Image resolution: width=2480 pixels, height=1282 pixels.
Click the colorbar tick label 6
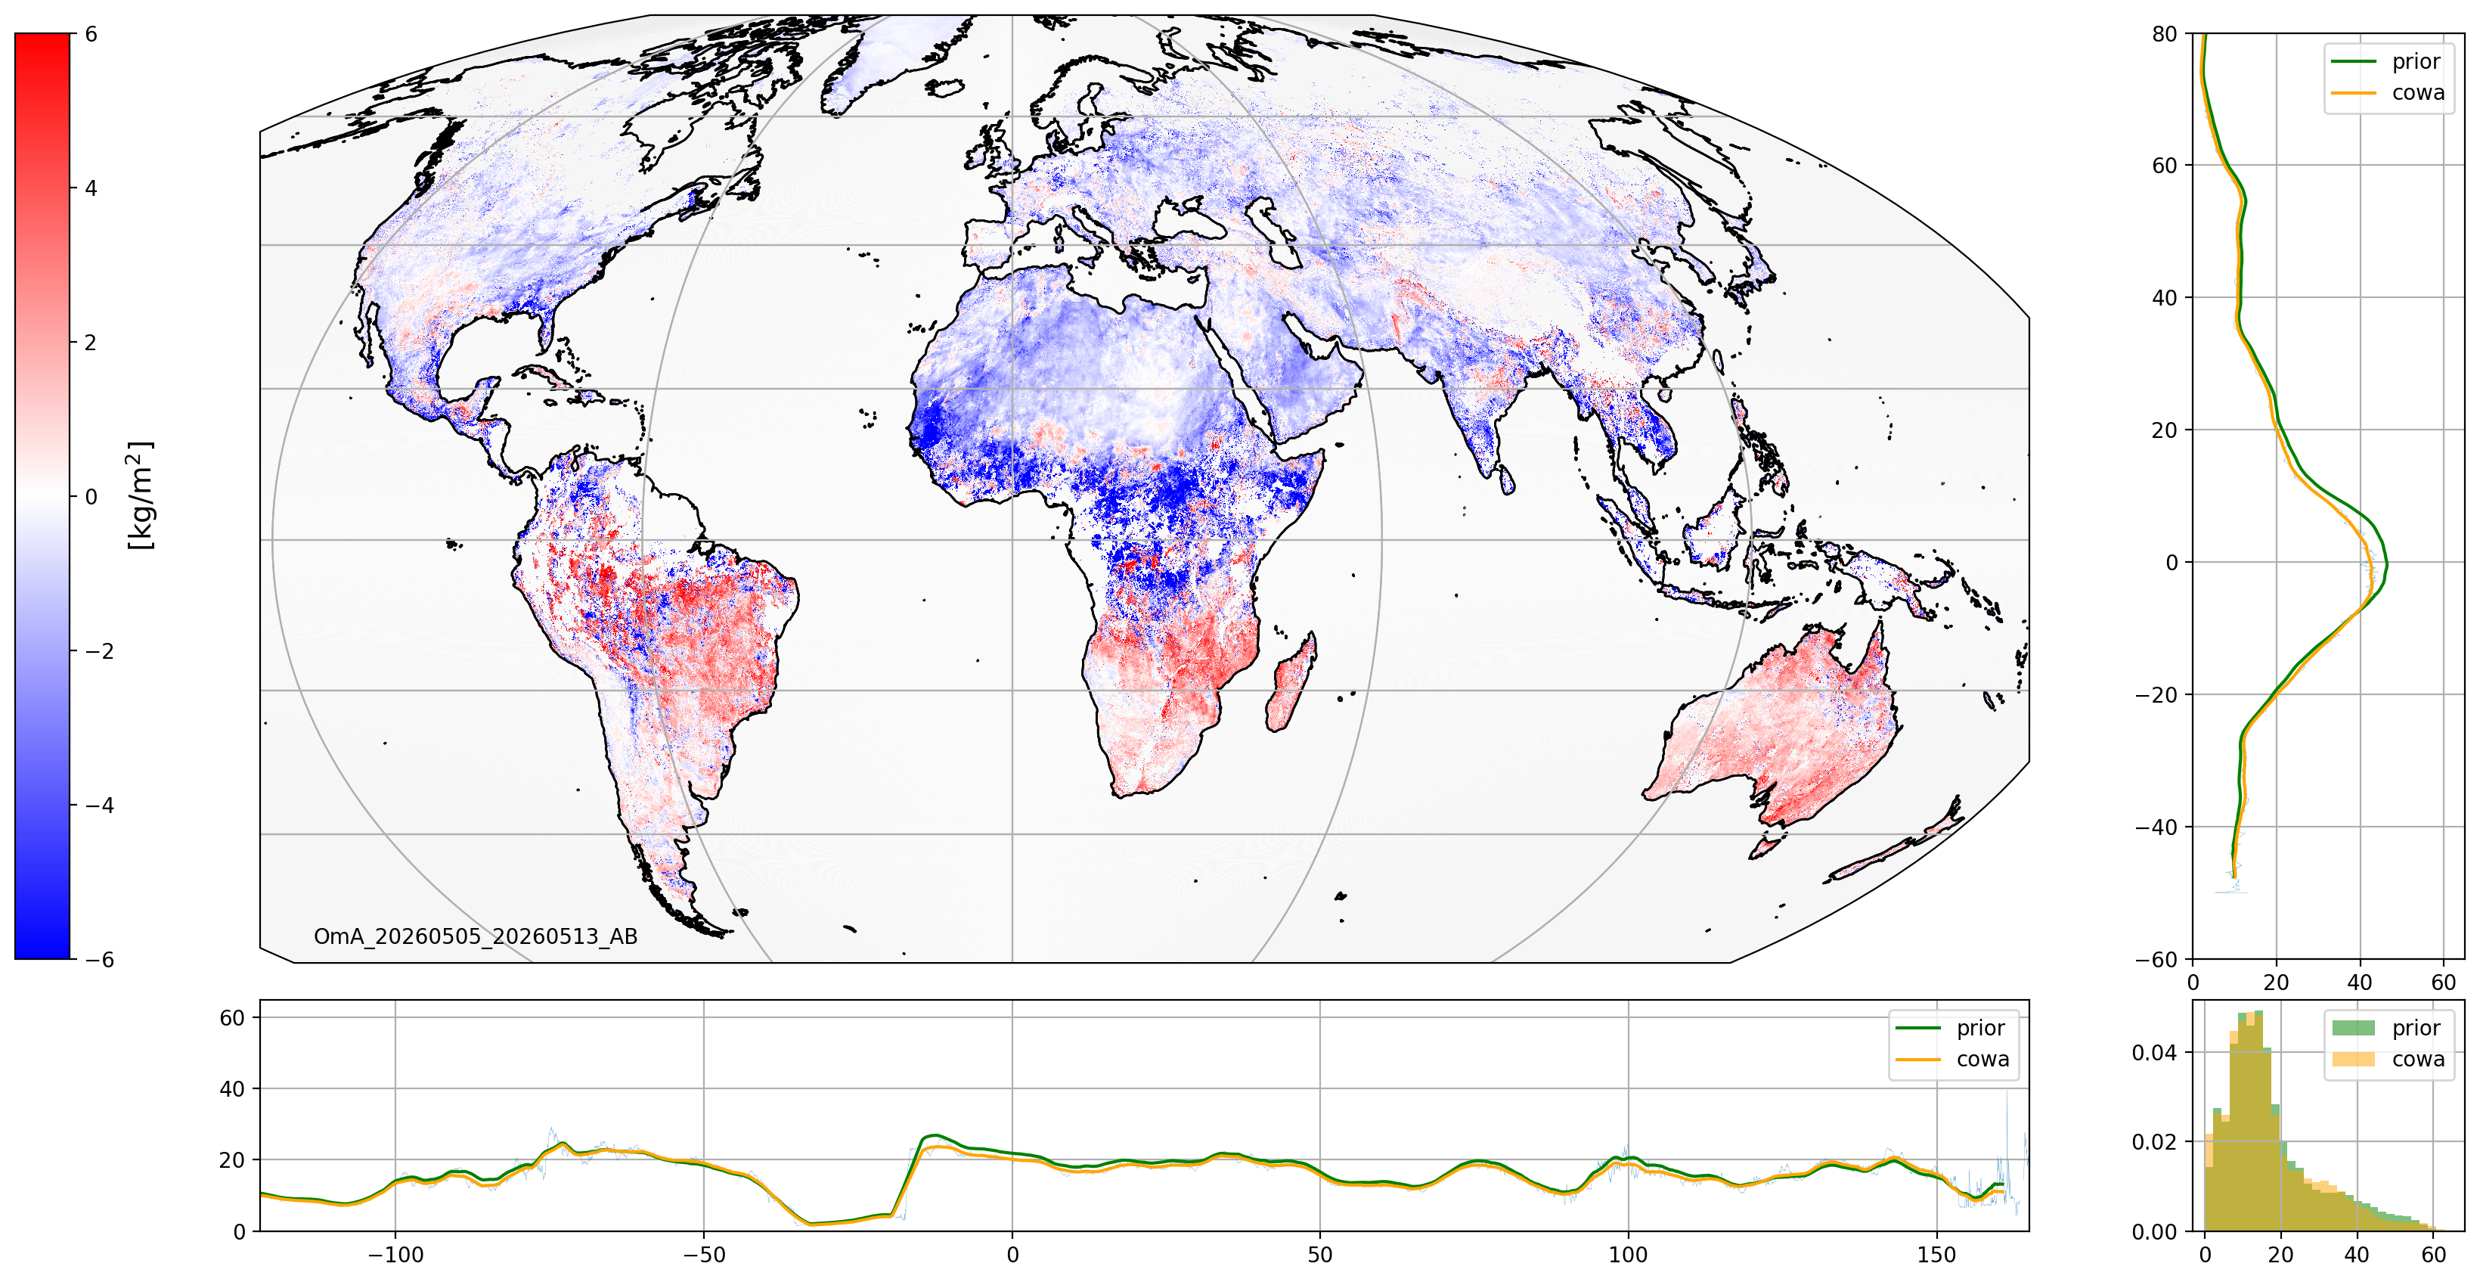tap(91, 34)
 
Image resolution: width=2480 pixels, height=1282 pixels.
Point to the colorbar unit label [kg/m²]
tap(141, 496)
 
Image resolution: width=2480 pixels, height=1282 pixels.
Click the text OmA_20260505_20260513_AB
tap(476, 936)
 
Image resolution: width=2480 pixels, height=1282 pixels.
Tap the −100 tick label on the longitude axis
tap(395, 1255)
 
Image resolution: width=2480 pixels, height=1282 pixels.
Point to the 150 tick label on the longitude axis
tap(1936, 1255)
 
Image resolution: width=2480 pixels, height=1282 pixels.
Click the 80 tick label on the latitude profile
tap(2164, 34)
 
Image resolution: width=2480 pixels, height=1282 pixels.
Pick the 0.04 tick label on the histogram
tap(2155, 1052)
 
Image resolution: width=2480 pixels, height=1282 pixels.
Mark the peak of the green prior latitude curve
tap(2385, 564)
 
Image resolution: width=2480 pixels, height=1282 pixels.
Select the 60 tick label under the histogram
tap(2433, 1255)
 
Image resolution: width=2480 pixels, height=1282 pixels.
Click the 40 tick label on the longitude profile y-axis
tap(232, 1088)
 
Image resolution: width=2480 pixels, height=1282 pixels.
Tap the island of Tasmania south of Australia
tap(1765, 848)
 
